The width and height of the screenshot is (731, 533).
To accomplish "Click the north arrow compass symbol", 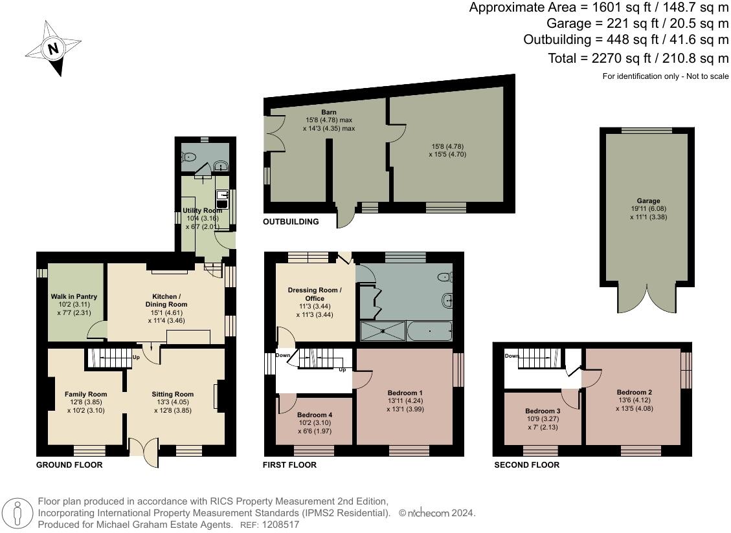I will pyautogui.click(x=53, y=49).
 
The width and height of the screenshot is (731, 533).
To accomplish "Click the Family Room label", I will pyautogui.click(x=85, y=394).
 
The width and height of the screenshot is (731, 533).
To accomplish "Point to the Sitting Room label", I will pyautogui.click(x=173, y=394).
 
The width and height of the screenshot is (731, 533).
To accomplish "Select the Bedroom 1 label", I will pyautogui.click(x=405, y=393).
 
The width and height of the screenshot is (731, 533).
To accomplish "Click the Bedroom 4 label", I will pyautogui.click(x=315, y=415).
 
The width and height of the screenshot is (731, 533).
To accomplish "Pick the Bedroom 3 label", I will pyautogui.click(x=543, y=411).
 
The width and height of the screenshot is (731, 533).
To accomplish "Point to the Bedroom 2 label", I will pyautogui.click(x=634, y=392).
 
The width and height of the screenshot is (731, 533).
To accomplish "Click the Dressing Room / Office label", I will pyautogui.click(x=315, y=294).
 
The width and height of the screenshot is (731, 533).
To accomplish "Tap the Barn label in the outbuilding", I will pyautogui.click(x=330, y=112).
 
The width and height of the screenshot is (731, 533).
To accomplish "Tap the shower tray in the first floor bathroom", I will pyautogui.click(x=381, y=331).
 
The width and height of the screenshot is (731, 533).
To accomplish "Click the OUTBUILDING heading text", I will pyautogui.click(x=291, y=222).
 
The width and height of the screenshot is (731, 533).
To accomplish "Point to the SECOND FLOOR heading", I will pyautogui.click(x=526, y=464).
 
